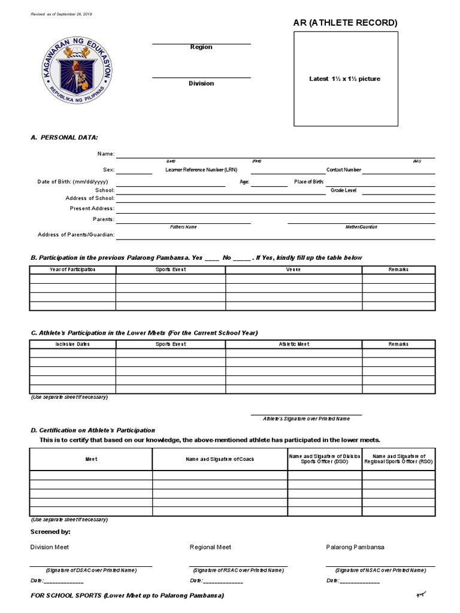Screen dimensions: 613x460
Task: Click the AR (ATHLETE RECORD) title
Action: tap(344, 23)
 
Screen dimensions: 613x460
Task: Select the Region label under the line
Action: tap(201, 47)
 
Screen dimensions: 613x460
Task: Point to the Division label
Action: tap(201, 83)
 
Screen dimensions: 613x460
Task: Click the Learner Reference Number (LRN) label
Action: tap(201, 169)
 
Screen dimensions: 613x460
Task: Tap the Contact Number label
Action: tap(344, 169)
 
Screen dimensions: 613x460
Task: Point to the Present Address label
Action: tap(92, 208)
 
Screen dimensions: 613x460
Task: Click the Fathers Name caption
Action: tap(183, 227)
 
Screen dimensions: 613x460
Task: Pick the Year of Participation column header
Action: tap(72, 269)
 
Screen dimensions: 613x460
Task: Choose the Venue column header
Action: tap(293, 269)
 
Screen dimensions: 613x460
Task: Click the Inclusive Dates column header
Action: tap(72, 344)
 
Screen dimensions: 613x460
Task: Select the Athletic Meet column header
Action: tap(293, 344)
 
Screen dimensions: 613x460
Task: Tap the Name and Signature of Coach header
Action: tap(219, 459)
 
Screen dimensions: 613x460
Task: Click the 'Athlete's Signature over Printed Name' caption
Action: tap(306, 418)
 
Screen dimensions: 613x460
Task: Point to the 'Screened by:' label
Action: tap(50, 532)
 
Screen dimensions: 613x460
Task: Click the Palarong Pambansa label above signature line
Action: tap(355, 547)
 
